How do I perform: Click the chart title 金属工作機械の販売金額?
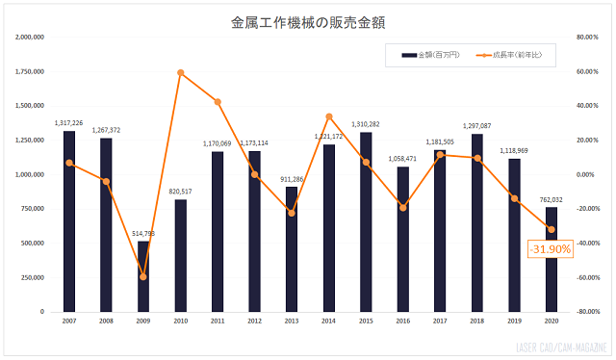tap(309, 20)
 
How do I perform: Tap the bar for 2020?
tap(552, 279)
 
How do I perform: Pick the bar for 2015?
tap(366, 222)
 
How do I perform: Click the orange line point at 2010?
tap(181, 72)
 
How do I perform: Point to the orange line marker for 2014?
tap(329, 116)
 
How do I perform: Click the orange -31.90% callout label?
tap(551, 248)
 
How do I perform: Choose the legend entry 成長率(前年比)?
tap(511, 55)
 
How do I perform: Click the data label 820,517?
tap(181, 191)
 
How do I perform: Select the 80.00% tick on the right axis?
tap(588, 38)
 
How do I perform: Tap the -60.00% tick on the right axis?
tap(588, 277)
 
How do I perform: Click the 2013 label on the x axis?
tap(292, 321)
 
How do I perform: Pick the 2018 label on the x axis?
tap(477, 321)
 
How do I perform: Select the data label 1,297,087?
tap(477, 125)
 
